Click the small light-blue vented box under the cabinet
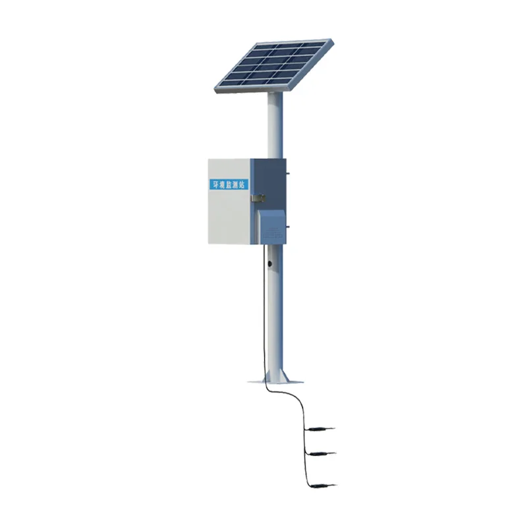pyautogui.click(x=271, y=226)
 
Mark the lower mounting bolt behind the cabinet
pyautogui.click(x=287, y=227)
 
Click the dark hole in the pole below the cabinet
pyautogui.click(x=269, y=264)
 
